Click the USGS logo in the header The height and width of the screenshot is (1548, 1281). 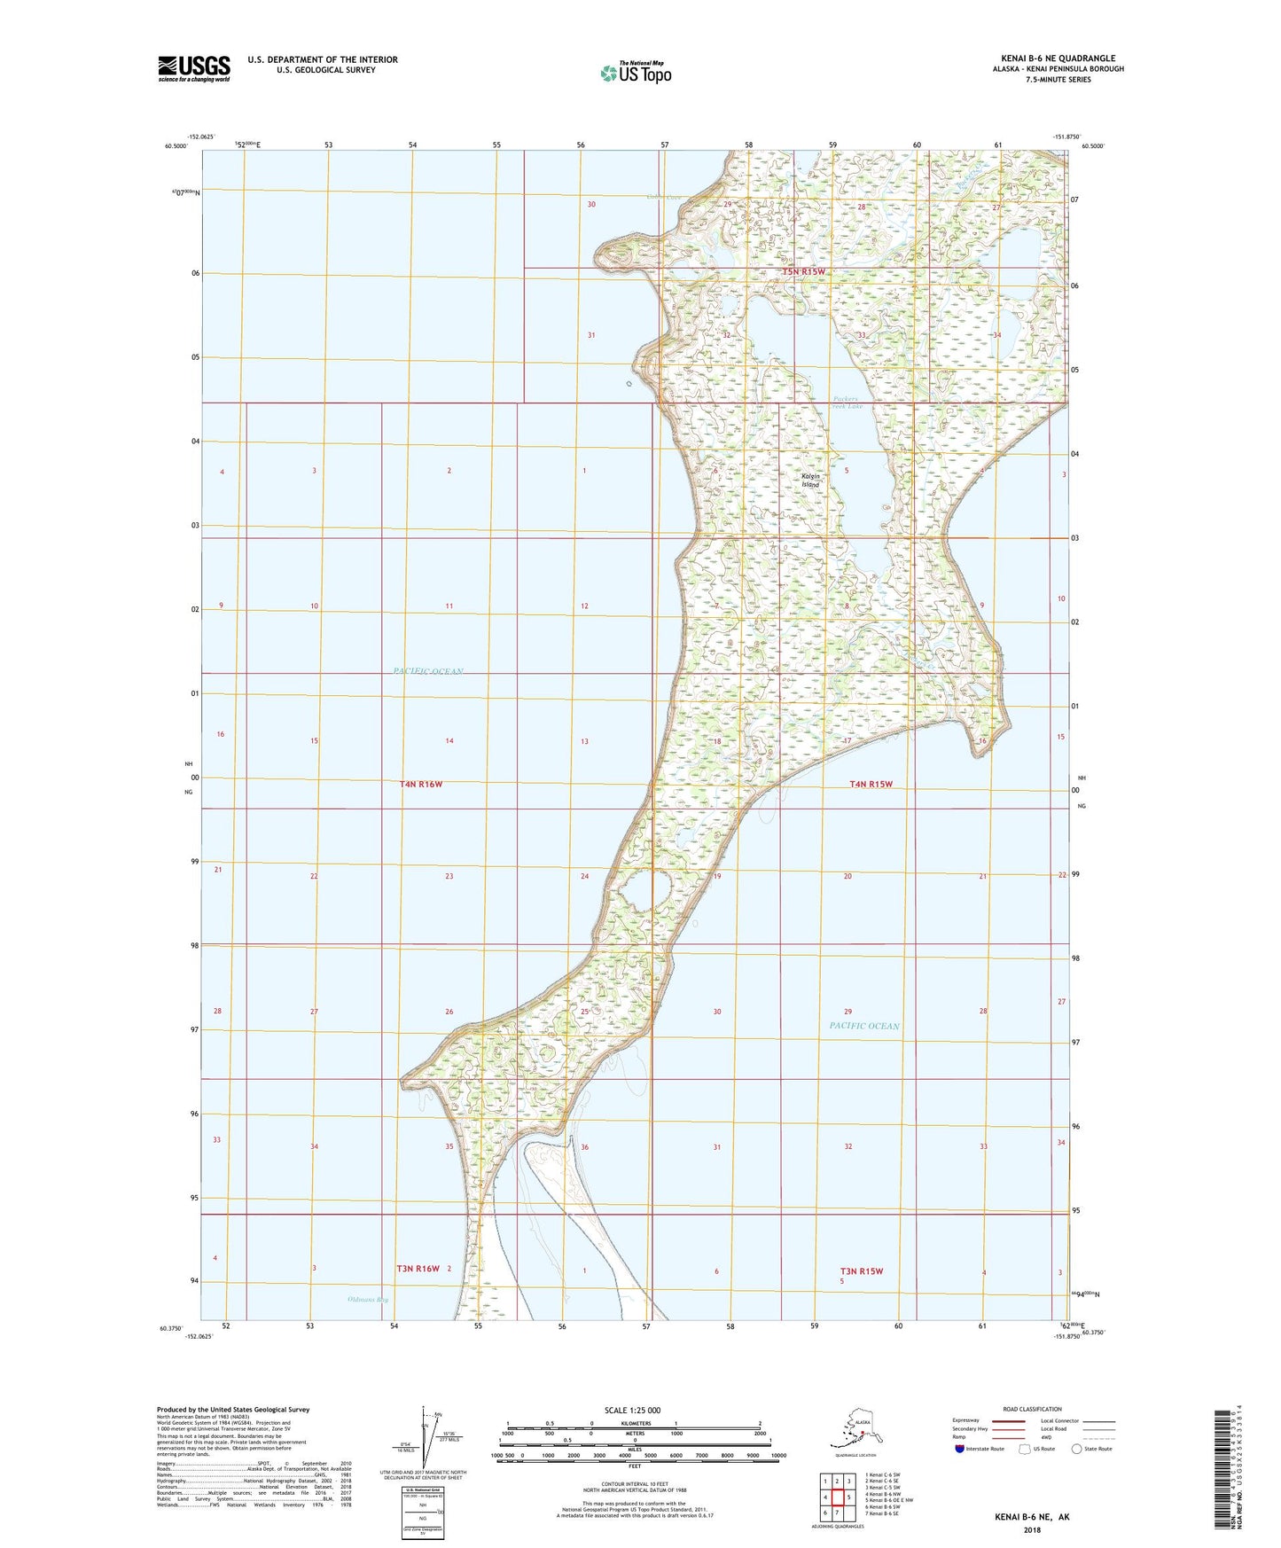pyautogui.click(x=193, y=68)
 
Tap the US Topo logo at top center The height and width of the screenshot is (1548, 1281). pyautogui.click(x=635, y=73)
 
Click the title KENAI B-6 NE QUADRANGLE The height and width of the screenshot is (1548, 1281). pyautogui.click(x=1058, y=59)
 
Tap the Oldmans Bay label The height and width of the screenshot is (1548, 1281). pyautogui.click(x=368, y=1300)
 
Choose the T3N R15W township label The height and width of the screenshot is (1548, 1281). pyautogui.click(x=862, y=1270)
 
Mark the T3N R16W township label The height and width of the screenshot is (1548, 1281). pyautogui.click(x=418, y=1269)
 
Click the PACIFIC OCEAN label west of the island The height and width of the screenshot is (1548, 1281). pyautogui.click(x=428, y=671)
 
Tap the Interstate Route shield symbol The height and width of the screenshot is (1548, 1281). pyautogui.click(x=960, y=1449)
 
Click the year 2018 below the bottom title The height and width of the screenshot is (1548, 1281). pyautogui.click(x=1031, y=1529)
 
